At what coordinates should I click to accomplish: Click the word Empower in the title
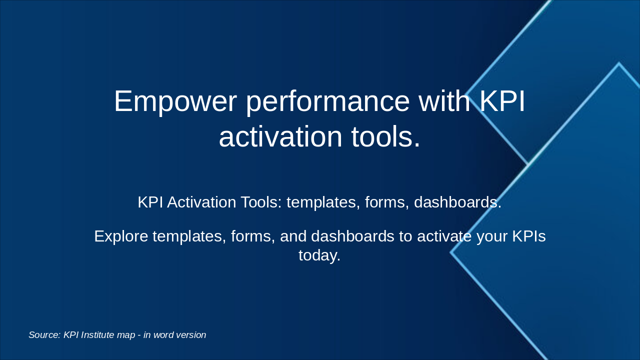pos(175,101)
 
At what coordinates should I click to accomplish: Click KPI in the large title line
pos(502,101)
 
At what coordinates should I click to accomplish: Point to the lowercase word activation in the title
pos(280,136)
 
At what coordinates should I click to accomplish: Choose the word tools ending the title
pos(385,136)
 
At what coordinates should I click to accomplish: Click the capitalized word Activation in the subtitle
pos(201,202)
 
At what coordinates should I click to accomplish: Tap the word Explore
pos(121,236)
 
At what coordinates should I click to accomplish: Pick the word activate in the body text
pos(444,236)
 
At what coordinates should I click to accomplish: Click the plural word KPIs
pos(529,236)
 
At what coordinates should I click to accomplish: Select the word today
pos(319,255)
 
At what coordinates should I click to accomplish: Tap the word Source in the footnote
pos(44,335)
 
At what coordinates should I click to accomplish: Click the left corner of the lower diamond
pos(451,252)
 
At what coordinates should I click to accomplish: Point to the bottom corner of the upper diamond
pos(527,163)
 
